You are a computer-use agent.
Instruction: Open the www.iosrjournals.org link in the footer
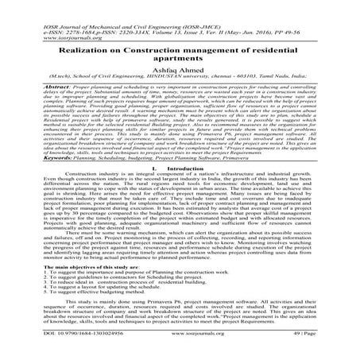point(181,347)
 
